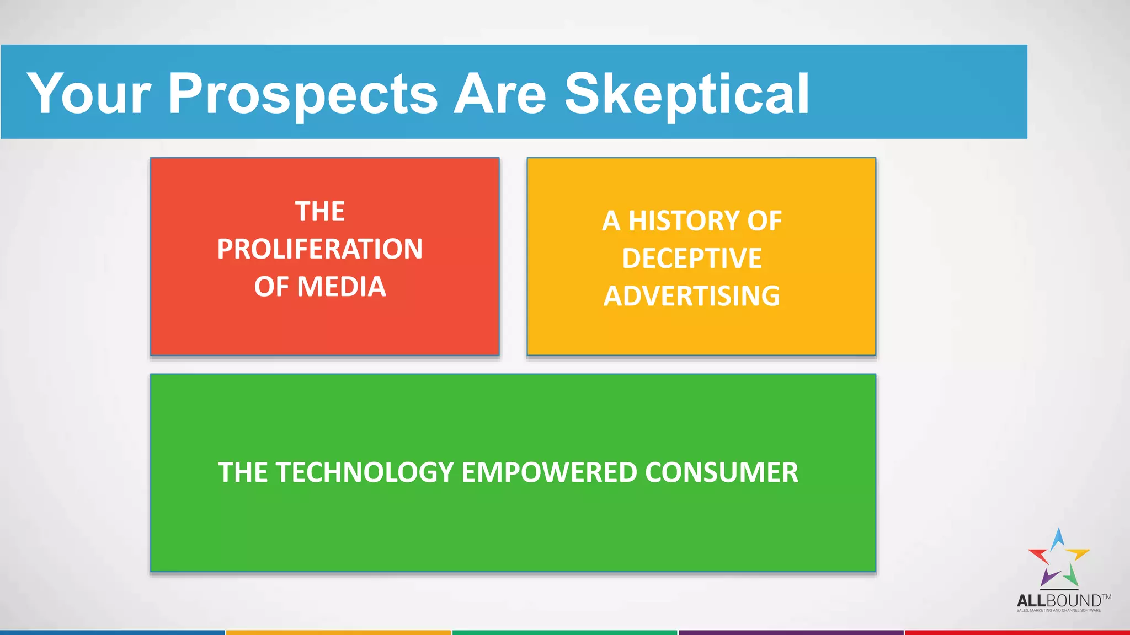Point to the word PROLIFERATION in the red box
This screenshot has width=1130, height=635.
point(320,249)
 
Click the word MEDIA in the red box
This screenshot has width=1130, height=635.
point(342,287)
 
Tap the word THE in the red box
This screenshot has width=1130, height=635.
point(320,212)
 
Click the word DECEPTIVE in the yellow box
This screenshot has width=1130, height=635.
point(692,259)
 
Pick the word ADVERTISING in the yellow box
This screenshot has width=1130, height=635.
point(692,296)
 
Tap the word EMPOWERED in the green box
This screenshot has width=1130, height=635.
point(549,473)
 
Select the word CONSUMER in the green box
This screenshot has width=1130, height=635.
point(721,473)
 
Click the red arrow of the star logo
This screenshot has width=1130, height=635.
point(1039,555)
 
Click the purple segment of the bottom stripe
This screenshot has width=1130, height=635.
point(791,632)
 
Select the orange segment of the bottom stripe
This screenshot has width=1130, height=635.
point(338,632)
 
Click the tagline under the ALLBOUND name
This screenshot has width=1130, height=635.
point(1058,610)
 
